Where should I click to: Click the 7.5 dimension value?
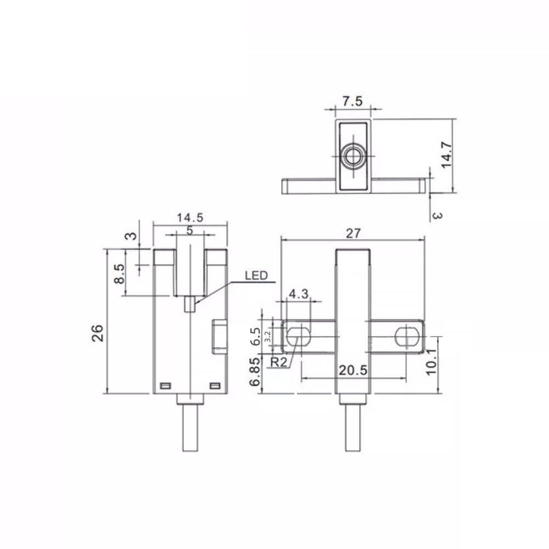point(352,101)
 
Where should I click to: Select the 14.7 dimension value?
point(446,155)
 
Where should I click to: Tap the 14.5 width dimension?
point(190,217)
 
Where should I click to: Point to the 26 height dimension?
point(98,333)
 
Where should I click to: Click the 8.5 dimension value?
point(119,273)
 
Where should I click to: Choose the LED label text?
point(256,276)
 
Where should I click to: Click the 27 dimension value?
point(353,233)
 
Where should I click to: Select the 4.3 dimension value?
point(299,293)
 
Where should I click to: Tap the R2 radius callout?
point(279,362)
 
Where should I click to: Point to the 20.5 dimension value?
point(353,370)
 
